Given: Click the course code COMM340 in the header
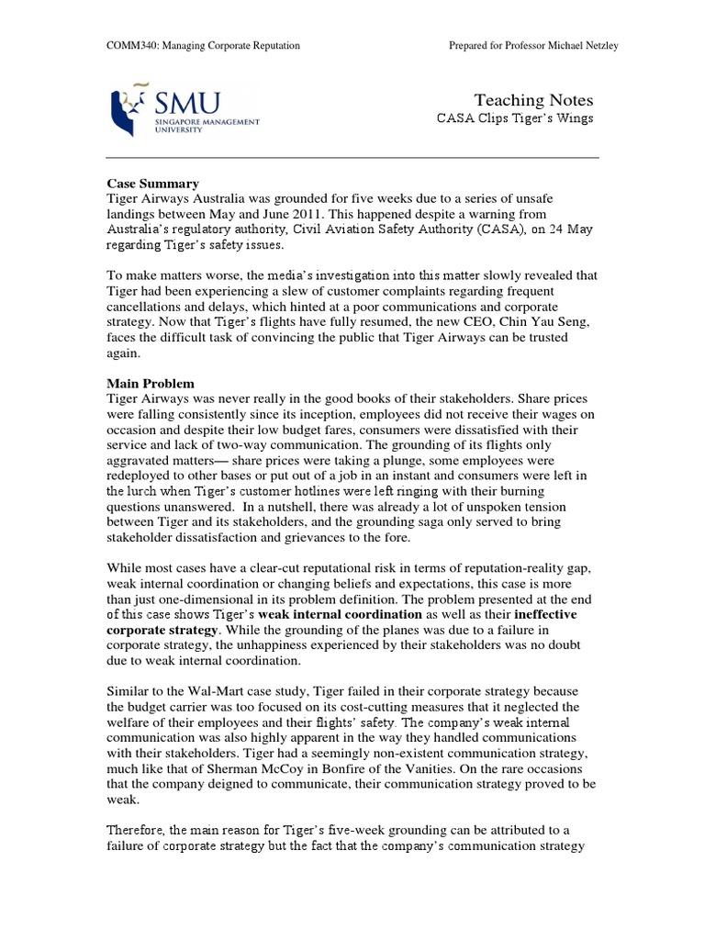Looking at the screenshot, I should click(128, 46).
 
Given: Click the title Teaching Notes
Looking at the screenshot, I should click(533, 100).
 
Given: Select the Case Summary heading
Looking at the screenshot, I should click(152, 184).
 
